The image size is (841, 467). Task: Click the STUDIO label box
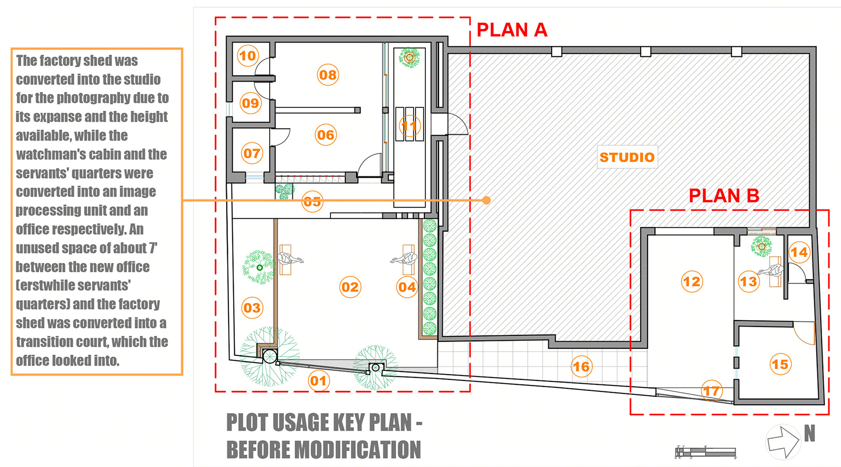pos(627,157)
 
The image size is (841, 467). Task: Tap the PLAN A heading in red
pos(512,30)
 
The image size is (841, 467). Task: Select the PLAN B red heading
pos(724,195)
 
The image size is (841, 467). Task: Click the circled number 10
pos(248,56)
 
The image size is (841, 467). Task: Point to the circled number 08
pos(328,75)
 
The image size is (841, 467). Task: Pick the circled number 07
pos(251,153)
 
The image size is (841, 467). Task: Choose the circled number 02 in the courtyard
pos(350,287)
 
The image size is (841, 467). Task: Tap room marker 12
pos(692,281)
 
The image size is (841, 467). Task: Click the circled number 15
pos(780,364)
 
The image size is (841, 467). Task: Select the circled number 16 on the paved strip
pos(582,367)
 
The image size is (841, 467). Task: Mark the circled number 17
pos(711,391)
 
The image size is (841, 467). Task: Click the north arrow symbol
pos(783,442)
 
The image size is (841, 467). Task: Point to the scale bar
pos(705,452)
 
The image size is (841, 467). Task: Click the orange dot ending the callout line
pos(487,200)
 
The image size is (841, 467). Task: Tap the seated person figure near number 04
pos(404,259)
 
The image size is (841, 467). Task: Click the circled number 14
pos(798,252)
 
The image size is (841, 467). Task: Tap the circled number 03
pos(252,308)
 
